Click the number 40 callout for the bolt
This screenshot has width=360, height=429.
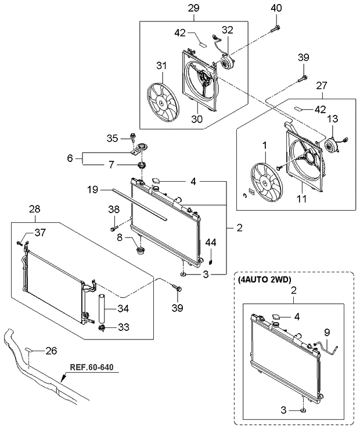tap(276, 8)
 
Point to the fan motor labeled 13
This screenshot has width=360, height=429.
tap(332, 145)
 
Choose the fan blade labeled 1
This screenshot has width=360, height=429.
tap(266, 182)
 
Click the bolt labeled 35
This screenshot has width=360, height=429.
tap(133, 136)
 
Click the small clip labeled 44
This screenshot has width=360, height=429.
tap(211, 262)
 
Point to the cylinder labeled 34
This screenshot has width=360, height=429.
tap(102, 308)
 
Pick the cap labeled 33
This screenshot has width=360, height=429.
tap(102, 328)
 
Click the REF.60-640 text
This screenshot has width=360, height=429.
tap(92, 367)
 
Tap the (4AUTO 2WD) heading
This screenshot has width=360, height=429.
tap(264, 279)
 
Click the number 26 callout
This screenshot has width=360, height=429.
tap(51, 351)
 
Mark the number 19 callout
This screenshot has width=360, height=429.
tap(93, 189)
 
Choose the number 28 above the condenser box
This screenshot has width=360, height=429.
tap(35, 209)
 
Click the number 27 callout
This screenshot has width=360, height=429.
tap(322, 85)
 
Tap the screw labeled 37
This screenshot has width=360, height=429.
tap(19, 243)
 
